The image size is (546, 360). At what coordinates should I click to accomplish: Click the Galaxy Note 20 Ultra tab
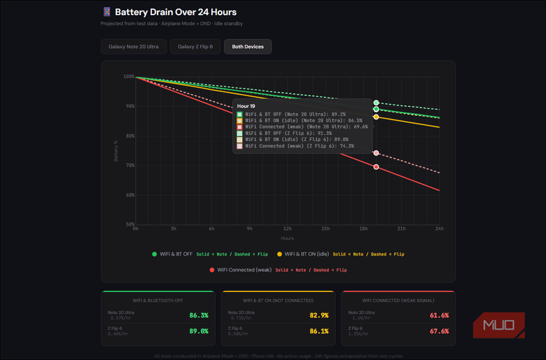pos(134,46)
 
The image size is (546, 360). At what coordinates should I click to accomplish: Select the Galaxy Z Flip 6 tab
pos(195,46)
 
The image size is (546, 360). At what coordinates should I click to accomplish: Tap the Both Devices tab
pos(248,46)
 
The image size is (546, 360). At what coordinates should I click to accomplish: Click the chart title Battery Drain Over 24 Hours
pos(175,12)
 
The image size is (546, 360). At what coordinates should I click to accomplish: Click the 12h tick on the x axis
pos(287,228)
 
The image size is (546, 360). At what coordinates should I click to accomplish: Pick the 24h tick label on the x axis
pos(439,228)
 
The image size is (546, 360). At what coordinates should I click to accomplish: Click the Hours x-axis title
pos(287,238)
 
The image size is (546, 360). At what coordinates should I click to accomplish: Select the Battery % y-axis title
pos(116,151)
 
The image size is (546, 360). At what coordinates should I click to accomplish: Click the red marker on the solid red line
pos(376,167)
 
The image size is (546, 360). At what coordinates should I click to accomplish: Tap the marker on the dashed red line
pos(376,153)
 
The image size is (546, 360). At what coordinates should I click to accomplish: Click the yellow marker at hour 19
pos(376,117)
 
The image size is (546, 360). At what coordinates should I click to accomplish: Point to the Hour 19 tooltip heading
pos(246,106)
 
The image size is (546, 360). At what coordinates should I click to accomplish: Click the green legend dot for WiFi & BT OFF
pos(155,254)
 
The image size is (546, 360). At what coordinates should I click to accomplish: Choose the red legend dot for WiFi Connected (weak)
pos(212,270)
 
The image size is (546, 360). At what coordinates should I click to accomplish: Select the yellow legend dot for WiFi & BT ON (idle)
pos(279,254)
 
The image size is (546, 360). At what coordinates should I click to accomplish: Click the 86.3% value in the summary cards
pos(199,316)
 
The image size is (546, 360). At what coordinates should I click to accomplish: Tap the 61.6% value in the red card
pos(439,316)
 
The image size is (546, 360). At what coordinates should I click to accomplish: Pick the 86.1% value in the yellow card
pos(319,331)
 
